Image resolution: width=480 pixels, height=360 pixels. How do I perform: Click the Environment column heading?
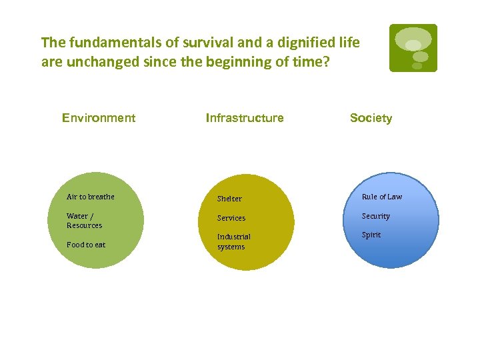(x=99, y=118)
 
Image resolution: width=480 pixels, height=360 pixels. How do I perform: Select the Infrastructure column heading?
(x=245, y=118)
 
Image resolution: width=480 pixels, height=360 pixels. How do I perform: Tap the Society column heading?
(x=371, y=118)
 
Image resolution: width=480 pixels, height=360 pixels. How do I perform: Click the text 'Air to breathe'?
(x=91, y=197)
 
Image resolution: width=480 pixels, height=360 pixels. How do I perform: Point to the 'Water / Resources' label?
(x=84, y=221)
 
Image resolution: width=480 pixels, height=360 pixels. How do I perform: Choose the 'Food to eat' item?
(x=86, y=245)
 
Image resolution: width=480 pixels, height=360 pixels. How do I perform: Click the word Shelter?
(x=229, y=199)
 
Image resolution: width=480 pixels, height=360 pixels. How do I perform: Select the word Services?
(x=231, y=218)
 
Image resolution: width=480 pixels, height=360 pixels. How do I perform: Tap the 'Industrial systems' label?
(x=233, y=241)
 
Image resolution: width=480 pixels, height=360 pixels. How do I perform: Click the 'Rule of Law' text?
(x=382, y=197)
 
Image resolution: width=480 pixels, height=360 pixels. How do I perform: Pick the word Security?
(x=376, y=216)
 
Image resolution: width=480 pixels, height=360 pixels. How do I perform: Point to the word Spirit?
(x=371, y=235)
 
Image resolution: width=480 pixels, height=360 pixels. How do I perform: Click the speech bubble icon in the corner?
(x=413, y=47)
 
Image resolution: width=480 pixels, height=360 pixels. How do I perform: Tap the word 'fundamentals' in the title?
(x=106, y=43)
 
